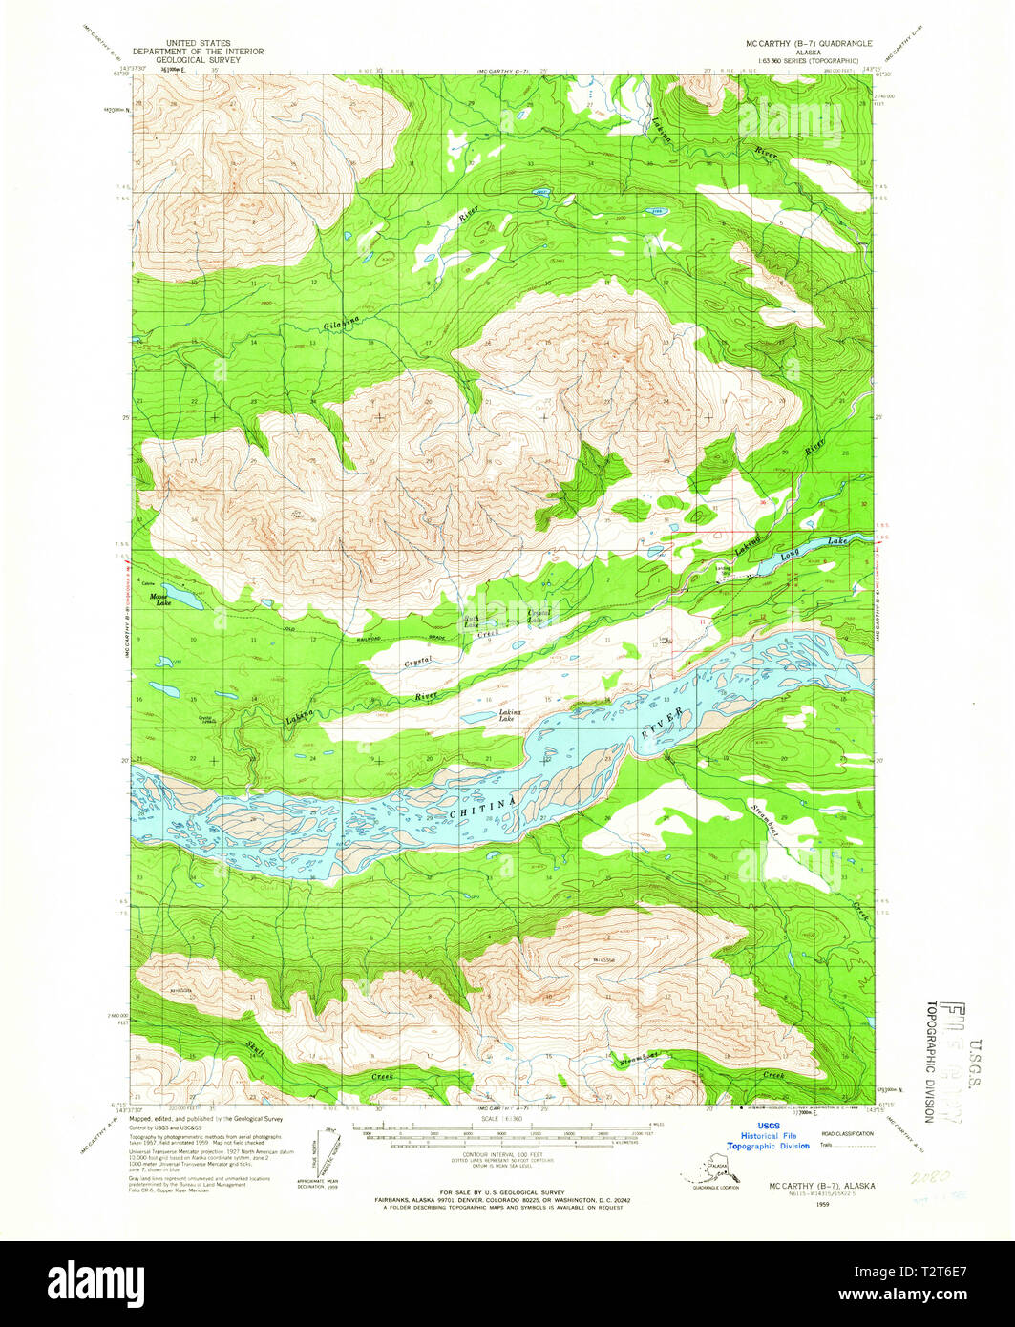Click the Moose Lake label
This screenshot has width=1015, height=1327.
pyautogui.click(x=159, y=600)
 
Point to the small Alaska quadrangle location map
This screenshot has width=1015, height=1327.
pyautogui.click(x=710, y=1170)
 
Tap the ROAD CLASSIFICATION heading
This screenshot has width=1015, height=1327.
pyautogui.click(x=847, y=1133)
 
